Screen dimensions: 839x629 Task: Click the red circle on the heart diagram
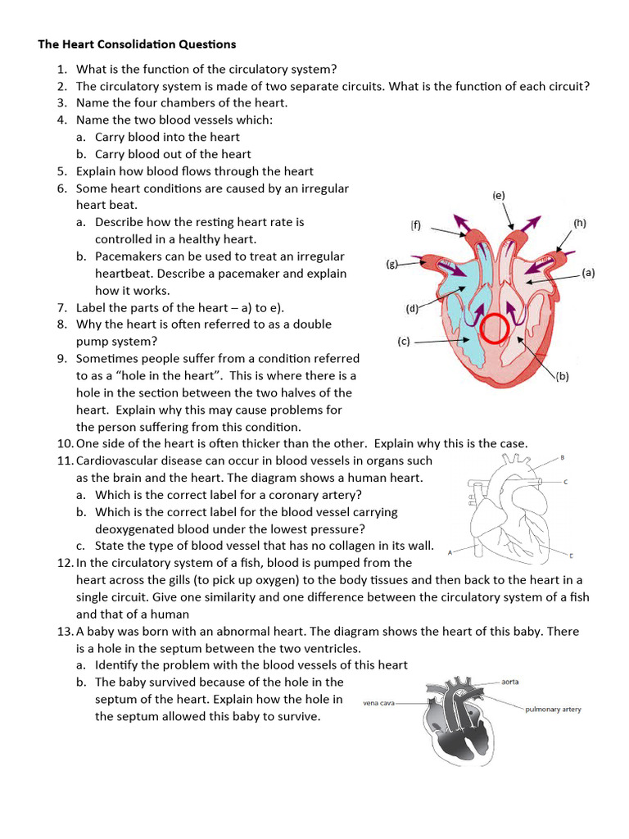pos(495,329)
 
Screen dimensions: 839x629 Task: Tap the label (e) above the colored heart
pos(499,196)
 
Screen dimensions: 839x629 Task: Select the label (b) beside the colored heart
pos(563,376)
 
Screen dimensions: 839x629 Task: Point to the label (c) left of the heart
pos(404,342)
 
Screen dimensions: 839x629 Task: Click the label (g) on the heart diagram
pos(392,264)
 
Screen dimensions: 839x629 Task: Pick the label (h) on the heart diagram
pos(580,222)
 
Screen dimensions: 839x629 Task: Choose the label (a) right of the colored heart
pos(588,274)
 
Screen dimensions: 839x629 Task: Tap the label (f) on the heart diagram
pos(416,224)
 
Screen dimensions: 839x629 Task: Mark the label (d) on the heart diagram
pos(412,309)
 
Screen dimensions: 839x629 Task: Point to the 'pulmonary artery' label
pos(553,709)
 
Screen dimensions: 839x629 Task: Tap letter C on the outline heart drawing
pos(565,482)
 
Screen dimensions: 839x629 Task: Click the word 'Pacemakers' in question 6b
pos(127,256)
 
